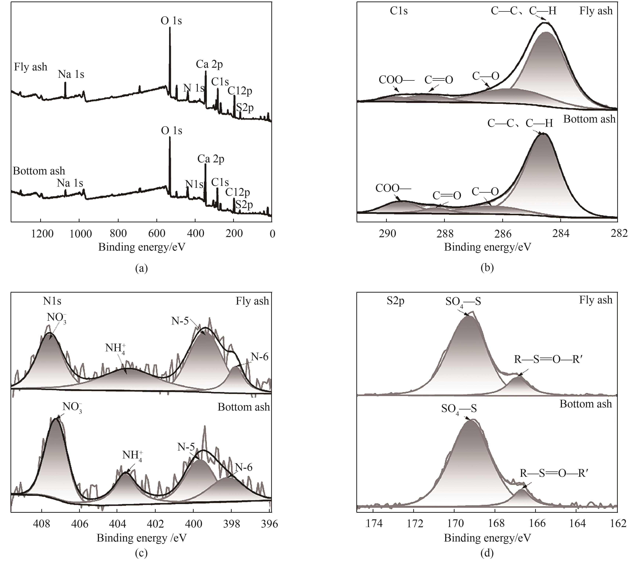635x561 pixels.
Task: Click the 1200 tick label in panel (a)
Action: click(x=43, y=234)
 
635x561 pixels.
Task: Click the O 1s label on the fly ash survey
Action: click(x=171, y=21)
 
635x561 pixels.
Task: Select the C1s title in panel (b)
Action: click(x=399, y=11)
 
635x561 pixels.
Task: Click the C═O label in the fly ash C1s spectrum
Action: click(x=439, y=80)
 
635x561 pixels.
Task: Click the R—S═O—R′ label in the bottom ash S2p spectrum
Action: click(x=555, y=473)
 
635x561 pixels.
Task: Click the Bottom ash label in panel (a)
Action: click(x=39, y=171)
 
